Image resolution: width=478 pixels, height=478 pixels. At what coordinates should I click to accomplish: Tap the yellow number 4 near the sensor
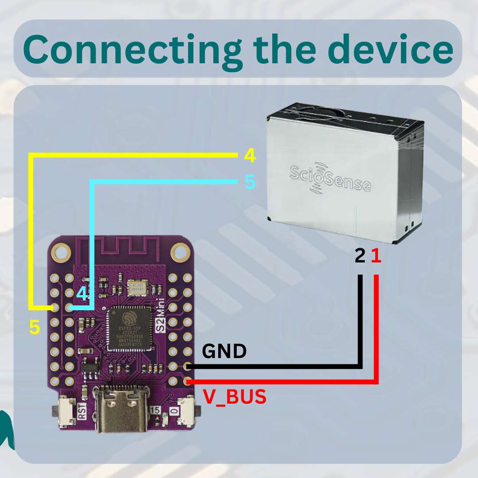click(250, 155)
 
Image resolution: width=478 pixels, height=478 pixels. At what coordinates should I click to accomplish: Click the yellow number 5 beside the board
click(35, 327)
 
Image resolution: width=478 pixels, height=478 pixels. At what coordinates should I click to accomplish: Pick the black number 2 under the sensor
click(360, 256)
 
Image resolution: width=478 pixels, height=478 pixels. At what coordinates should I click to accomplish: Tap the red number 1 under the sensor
click(376, 256)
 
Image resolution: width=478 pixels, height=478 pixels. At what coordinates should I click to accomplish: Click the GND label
click(224, 351)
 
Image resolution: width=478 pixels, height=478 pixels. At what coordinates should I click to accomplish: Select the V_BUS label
click(235, 397)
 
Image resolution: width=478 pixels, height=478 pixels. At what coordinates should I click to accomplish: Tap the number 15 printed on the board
click(155, 411)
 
